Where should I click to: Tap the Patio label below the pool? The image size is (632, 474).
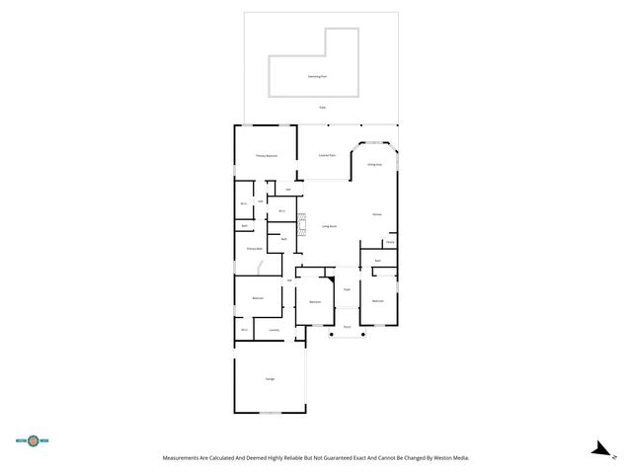[x=322, y=107]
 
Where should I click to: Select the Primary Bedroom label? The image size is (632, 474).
[x=266, y=156]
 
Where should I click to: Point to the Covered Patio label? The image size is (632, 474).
[x=327, y=156]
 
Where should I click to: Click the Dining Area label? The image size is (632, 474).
[x=374, y=164]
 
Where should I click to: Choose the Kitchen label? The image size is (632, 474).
[x=376, y=214]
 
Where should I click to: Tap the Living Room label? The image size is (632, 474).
[x=329, y=226]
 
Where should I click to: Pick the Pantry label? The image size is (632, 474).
[x=390, y=242]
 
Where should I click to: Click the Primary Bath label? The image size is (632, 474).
[x=254, y=249]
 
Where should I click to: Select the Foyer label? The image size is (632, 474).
[x=347, y=288]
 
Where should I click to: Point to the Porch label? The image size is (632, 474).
[x=347, y=326]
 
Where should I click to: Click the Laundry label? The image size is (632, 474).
[x=274, y=330]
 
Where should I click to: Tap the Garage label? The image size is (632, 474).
[x=270, y=379]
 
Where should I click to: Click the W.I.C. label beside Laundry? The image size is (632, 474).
[x=243, y=330]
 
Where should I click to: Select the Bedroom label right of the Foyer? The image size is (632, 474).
[x=377, y=300]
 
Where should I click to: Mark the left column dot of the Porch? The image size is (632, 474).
[x=331, y=335]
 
